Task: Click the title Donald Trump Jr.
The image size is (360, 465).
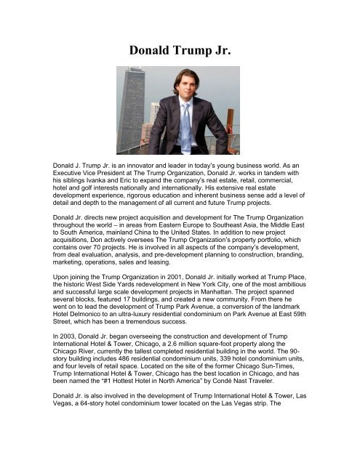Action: [180, 52]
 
